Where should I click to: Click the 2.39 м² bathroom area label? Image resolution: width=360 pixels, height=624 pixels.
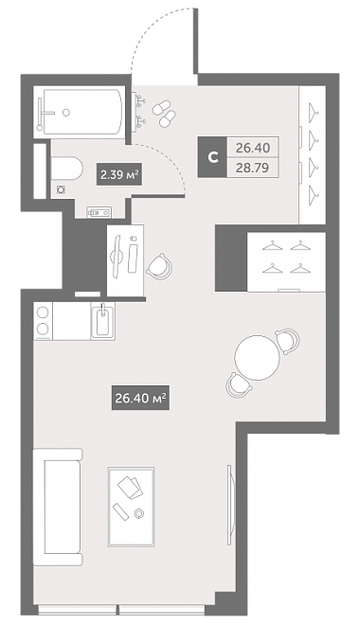[x=119, y=175]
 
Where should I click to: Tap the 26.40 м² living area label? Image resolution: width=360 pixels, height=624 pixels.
[x=140, y=398]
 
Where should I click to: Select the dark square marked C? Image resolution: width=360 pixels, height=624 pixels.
[x=212, y=157]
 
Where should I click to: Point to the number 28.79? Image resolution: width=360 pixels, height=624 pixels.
[x=253, y=168]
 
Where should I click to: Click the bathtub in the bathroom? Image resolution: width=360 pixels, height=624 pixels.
[x=82, y=112]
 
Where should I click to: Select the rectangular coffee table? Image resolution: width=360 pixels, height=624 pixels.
[x=131, y=507]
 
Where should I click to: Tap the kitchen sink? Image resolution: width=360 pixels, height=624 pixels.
[x=102, y=321]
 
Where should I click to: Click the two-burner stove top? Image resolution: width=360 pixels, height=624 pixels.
[x=43, y=321]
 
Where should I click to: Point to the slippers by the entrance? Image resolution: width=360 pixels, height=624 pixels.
[x=165, y=113]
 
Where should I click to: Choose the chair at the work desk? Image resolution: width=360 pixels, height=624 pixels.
[x=160, y=265]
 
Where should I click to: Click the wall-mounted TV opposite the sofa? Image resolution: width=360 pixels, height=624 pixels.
[x=229, y=505]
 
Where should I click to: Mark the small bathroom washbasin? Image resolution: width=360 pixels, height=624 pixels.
[x=99, y=212]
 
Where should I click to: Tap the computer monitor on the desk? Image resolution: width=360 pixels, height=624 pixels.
[x=117, y=257]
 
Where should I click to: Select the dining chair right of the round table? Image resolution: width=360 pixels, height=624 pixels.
[x=287, y=340]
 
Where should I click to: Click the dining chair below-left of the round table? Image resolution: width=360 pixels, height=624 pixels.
[x=238, y=385]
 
